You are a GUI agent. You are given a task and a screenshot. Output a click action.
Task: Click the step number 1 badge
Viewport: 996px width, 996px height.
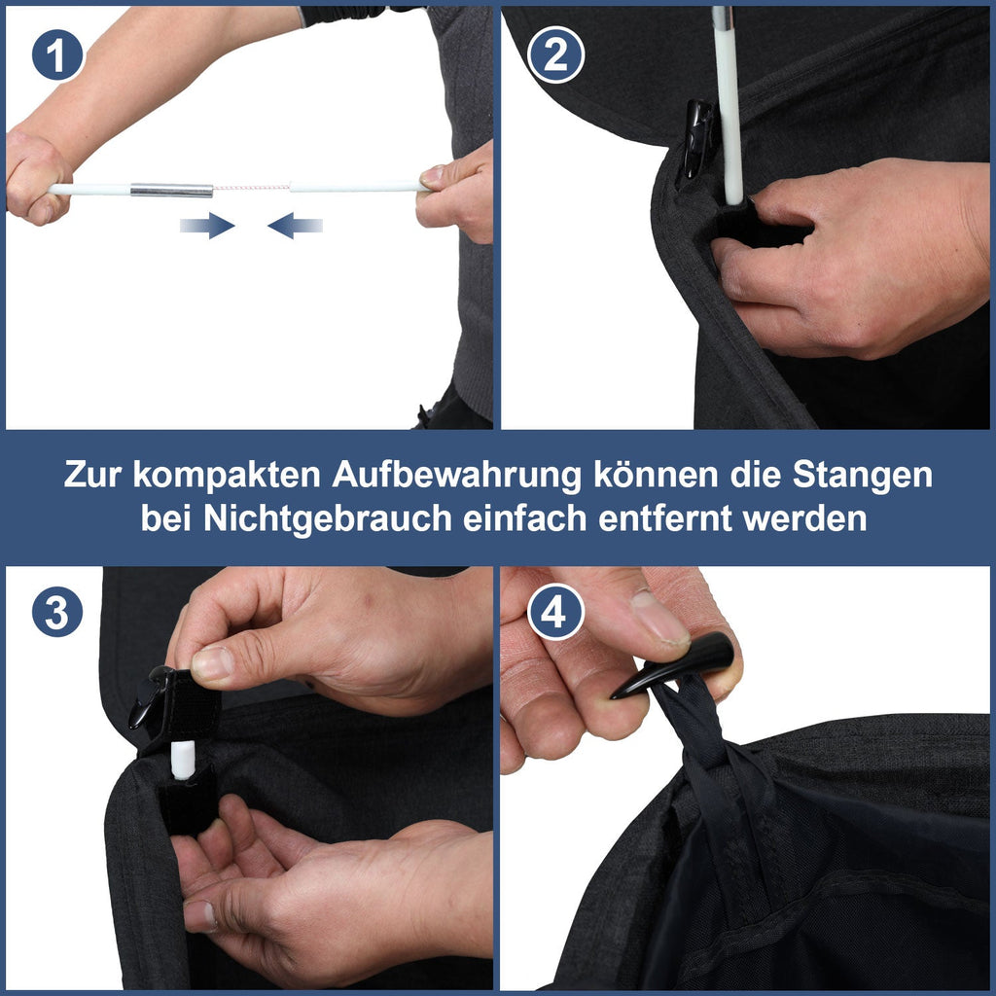[x=56, y=55]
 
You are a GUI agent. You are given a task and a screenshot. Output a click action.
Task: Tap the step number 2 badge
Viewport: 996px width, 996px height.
[x=555, y=55]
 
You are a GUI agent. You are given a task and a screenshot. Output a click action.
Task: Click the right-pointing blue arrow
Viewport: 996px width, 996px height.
[x=207, y=227]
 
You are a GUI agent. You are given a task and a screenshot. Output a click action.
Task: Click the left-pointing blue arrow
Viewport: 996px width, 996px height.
[x=295, y=227]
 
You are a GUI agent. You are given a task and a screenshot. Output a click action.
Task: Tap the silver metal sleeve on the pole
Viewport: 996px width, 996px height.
[x=171, y=190]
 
